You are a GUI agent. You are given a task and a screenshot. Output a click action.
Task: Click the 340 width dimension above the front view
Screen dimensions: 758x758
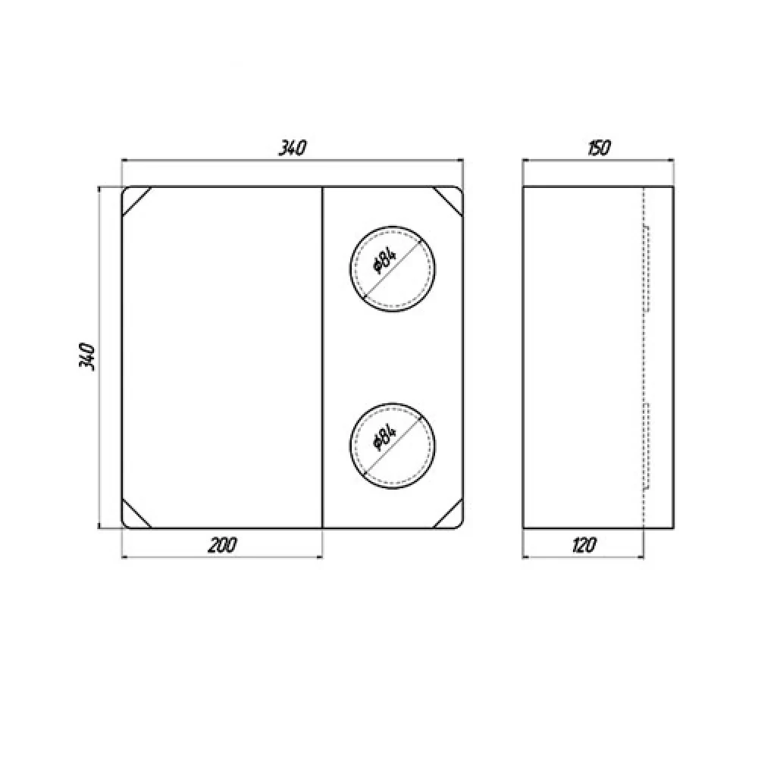click(x=293, y=148)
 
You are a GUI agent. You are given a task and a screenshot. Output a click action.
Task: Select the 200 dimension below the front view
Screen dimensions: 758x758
click(x=222, y=545)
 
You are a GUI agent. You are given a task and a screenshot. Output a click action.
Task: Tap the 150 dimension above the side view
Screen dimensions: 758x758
click(x=600, y=148)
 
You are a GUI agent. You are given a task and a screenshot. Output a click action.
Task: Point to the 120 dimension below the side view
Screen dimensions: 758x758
click(x=584, y=545)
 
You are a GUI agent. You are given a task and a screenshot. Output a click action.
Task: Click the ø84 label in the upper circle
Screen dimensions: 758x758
click(x=384, y=261)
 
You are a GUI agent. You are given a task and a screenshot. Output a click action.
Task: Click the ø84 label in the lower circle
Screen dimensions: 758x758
click(x=384, y=437)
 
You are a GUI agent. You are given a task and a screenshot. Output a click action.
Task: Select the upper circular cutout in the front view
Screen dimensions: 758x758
click(x=392, y=226)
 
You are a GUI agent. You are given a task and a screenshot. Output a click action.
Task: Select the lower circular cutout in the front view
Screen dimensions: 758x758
click(x=392, y=402)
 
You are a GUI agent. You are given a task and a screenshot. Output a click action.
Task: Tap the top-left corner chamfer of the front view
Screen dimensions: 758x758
click(x=136, y=202)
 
